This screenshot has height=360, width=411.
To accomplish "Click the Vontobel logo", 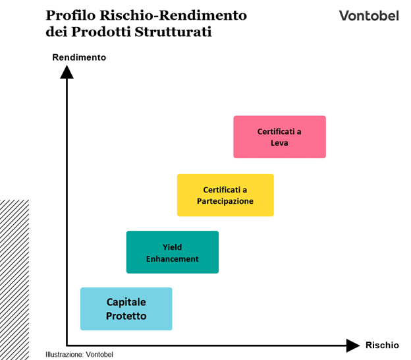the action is click(x=369, y=15).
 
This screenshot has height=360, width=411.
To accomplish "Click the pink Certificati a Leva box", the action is click(x=279, y=137).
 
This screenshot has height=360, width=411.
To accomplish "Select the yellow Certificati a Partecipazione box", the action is click(x=225, y=195).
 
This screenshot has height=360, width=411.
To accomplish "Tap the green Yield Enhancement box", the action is click(x=172, y=253).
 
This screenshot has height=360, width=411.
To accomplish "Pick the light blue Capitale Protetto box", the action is click(x=126, y=309).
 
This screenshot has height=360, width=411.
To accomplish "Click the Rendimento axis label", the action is click(x=79, y=57).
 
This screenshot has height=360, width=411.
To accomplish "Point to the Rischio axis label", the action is click(x=382, y=345).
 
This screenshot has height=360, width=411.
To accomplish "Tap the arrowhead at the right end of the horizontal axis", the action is click(x=353, y=344).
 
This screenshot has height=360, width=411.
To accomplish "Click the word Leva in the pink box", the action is click(x=279, y=143).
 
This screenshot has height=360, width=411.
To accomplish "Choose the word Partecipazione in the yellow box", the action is click(x=225, y=201).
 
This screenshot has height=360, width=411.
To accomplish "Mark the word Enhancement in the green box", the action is click(x=172, y=259).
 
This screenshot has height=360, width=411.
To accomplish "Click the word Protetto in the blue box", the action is click(x=126, y=316).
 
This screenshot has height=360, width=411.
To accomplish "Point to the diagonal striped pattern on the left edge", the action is click(x=14, y=277).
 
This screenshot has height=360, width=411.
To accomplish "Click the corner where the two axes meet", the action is click(x=67, y=344).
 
